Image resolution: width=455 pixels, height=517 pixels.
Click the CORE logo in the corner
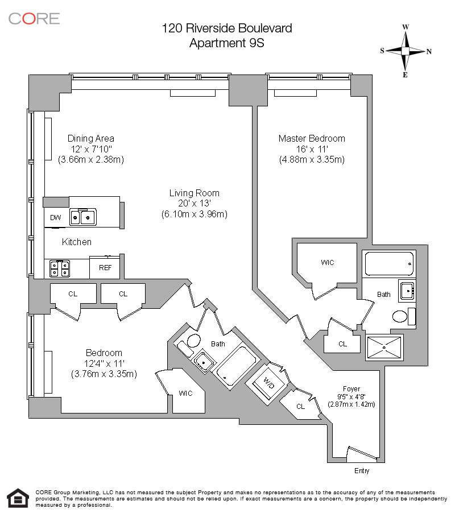[34, 18]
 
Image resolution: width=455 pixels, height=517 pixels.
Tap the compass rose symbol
[406, 51]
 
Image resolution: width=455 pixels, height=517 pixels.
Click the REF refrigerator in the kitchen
[105, 267]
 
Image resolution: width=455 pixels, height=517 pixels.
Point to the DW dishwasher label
[55, 218]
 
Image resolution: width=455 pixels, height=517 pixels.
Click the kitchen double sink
[82, 217]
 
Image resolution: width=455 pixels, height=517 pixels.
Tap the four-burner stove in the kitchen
[59, 267]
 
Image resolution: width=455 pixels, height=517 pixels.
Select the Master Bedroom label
[311, 139]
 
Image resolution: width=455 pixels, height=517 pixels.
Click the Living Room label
[194, 193]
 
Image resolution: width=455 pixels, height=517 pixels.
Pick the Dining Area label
[90, 138]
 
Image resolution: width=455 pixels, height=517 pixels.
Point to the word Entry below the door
[362, 471]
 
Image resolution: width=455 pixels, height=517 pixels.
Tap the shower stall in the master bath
[385, 348]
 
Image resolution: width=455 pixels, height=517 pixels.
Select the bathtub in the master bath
[389, 263]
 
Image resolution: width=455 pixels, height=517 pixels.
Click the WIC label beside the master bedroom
[327, 263]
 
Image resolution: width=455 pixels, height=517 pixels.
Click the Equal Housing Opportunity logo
[18, 498]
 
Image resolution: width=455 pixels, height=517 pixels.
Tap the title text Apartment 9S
[226, 43]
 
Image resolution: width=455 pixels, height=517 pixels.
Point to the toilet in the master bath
[400, 316]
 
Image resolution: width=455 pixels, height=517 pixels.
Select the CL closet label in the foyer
[301, 406]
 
